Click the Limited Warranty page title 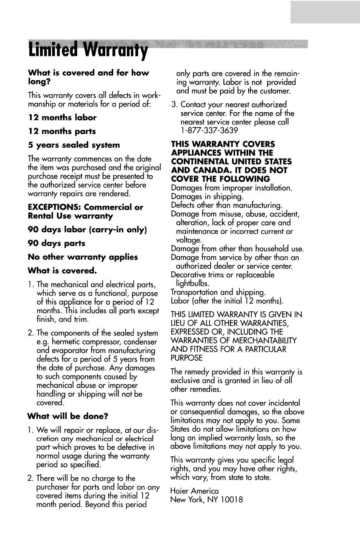coord(88,51)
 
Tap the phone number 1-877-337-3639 coord(209,131)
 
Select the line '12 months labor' coord(62,118)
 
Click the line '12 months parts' coord(62,131)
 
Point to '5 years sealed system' coord(74,145)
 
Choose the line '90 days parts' coord(57,243)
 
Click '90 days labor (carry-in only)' coord(87,230)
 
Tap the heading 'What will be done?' coord(68,416)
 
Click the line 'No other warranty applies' coord(83,257)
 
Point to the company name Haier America coord(194,491)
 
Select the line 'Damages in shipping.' coord(207,197)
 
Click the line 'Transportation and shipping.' coord(218,292)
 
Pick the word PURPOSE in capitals coord(186,358)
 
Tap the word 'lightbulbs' coord(192,283)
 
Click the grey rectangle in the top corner coord(325,12)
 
